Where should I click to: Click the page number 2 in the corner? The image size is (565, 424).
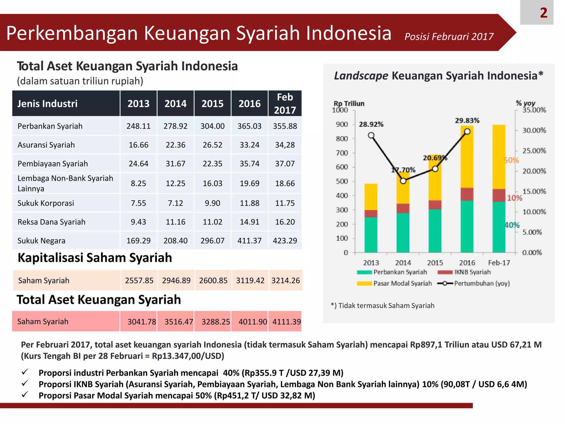(543, 13)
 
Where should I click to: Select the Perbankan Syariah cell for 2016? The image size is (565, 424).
(249, 126)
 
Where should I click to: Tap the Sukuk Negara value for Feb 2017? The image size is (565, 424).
(285, 241)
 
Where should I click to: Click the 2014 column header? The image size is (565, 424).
(175, 104)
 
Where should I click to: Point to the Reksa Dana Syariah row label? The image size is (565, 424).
(52, 222)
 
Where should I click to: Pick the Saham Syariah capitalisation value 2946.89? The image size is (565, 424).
(176, 280)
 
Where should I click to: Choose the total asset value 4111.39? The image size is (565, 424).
(286, 322)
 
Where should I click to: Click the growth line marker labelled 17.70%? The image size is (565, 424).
(403, 181)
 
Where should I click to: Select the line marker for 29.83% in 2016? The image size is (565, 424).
(467, 132)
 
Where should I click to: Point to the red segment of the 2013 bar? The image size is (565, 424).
(371, 213)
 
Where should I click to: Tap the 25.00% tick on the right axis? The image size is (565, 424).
(534, 151)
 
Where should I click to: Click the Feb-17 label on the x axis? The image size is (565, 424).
(499, 263)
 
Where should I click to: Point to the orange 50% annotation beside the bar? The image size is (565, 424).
(511, 160)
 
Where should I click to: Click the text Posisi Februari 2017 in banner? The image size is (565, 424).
(449, 37)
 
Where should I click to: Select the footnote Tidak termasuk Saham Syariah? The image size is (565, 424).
(383, 306)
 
